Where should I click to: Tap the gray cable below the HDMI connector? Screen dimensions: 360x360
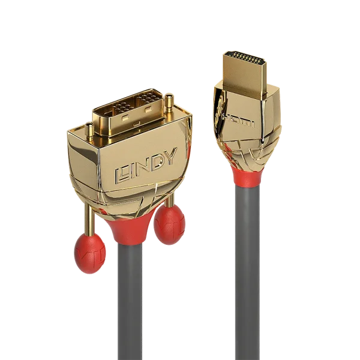click(x=248, y=270)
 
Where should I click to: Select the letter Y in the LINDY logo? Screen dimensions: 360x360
click(x=169, y=157)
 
